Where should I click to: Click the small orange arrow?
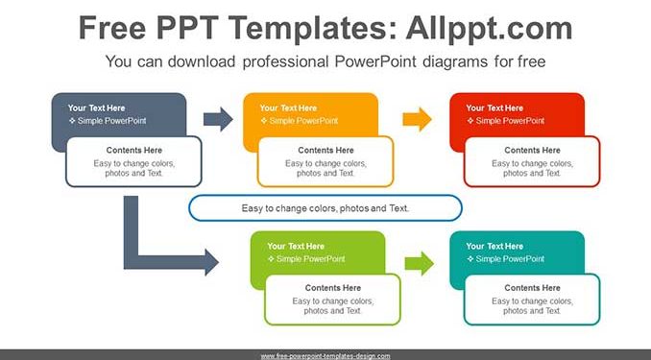coord(418,119)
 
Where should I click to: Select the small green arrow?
coord(420,263)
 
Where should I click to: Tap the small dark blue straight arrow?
coord(218,119)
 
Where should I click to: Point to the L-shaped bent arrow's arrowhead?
coord(212,262)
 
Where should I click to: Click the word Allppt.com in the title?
coord(489,28)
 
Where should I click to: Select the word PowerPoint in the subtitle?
coord(375,61)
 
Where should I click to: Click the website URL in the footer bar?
coord(325,356)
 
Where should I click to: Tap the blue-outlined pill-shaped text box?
coord(325,207)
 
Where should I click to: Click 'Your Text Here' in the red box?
coord(494,108)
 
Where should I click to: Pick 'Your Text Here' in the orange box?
coord(288,108)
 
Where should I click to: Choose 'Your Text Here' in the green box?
coord(296,246)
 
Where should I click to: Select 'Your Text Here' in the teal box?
coord(494,246)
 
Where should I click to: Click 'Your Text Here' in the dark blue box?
coord(96,108)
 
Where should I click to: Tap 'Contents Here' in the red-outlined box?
coord(532,151)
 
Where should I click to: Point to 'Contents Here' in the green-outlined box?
coord(333,288)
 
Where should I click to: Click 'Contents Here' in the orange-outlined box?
coord(325,151)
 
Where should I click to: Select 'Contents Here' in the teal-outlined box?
coord(532,288)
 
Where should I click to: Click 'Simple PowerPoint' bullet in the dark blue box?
coord(108,121)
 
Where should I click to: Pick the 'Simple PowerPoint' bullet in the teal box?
coord(506,259)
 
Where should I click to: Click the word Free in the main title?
coord(112,28)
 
